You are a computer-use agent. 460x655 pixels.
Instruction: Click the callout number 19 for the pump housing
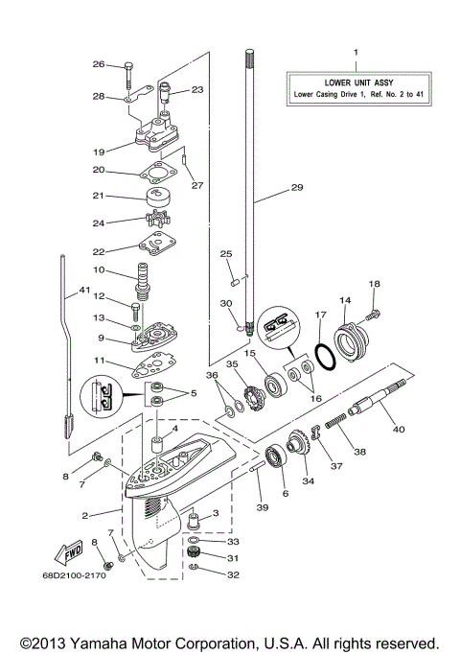[x=99, y=151]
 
